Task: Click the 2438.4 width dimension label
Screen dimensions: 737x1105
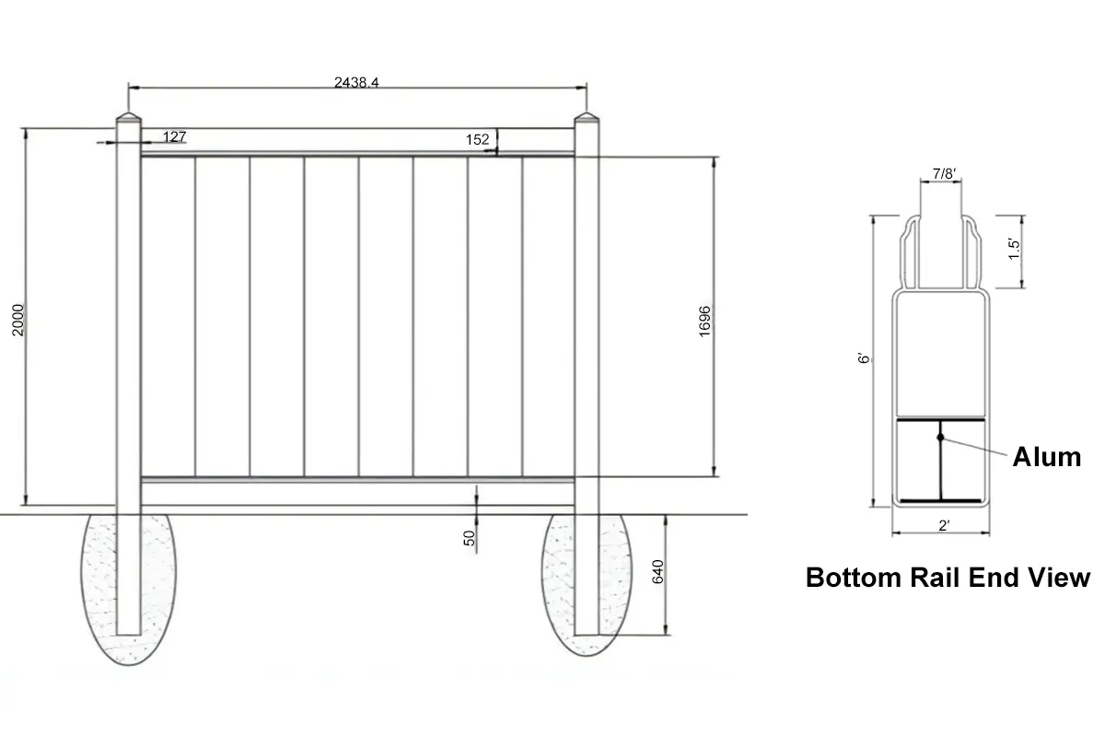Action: [x=357, y=82]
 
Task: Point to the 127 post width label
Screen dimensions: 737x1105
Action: [x=175, y=137]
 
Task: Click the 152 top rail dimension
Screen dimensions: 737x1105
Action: [x=477, y=140]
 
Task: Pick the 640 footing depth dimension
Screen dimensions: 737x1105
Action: [x=657, y=572]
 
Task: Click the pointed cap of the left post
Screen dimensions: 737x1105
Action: [x=128, y=120]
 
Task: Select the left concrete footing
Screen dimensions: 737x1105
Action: [x=129, y=590]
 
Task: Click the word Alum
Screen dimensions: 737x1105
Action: [x=1046, y=457]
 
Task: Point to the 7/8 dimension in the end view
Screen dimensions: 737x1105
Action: [x=943, y=173]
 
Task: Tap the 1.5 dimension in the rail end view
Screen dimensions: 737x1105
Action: [x=1014, y=250]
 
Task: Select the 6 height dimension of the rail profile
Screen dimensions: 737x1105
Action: [x=861, y=360]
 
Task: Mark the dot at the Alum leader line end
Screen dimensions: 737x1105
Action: [x=940, y=437]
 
